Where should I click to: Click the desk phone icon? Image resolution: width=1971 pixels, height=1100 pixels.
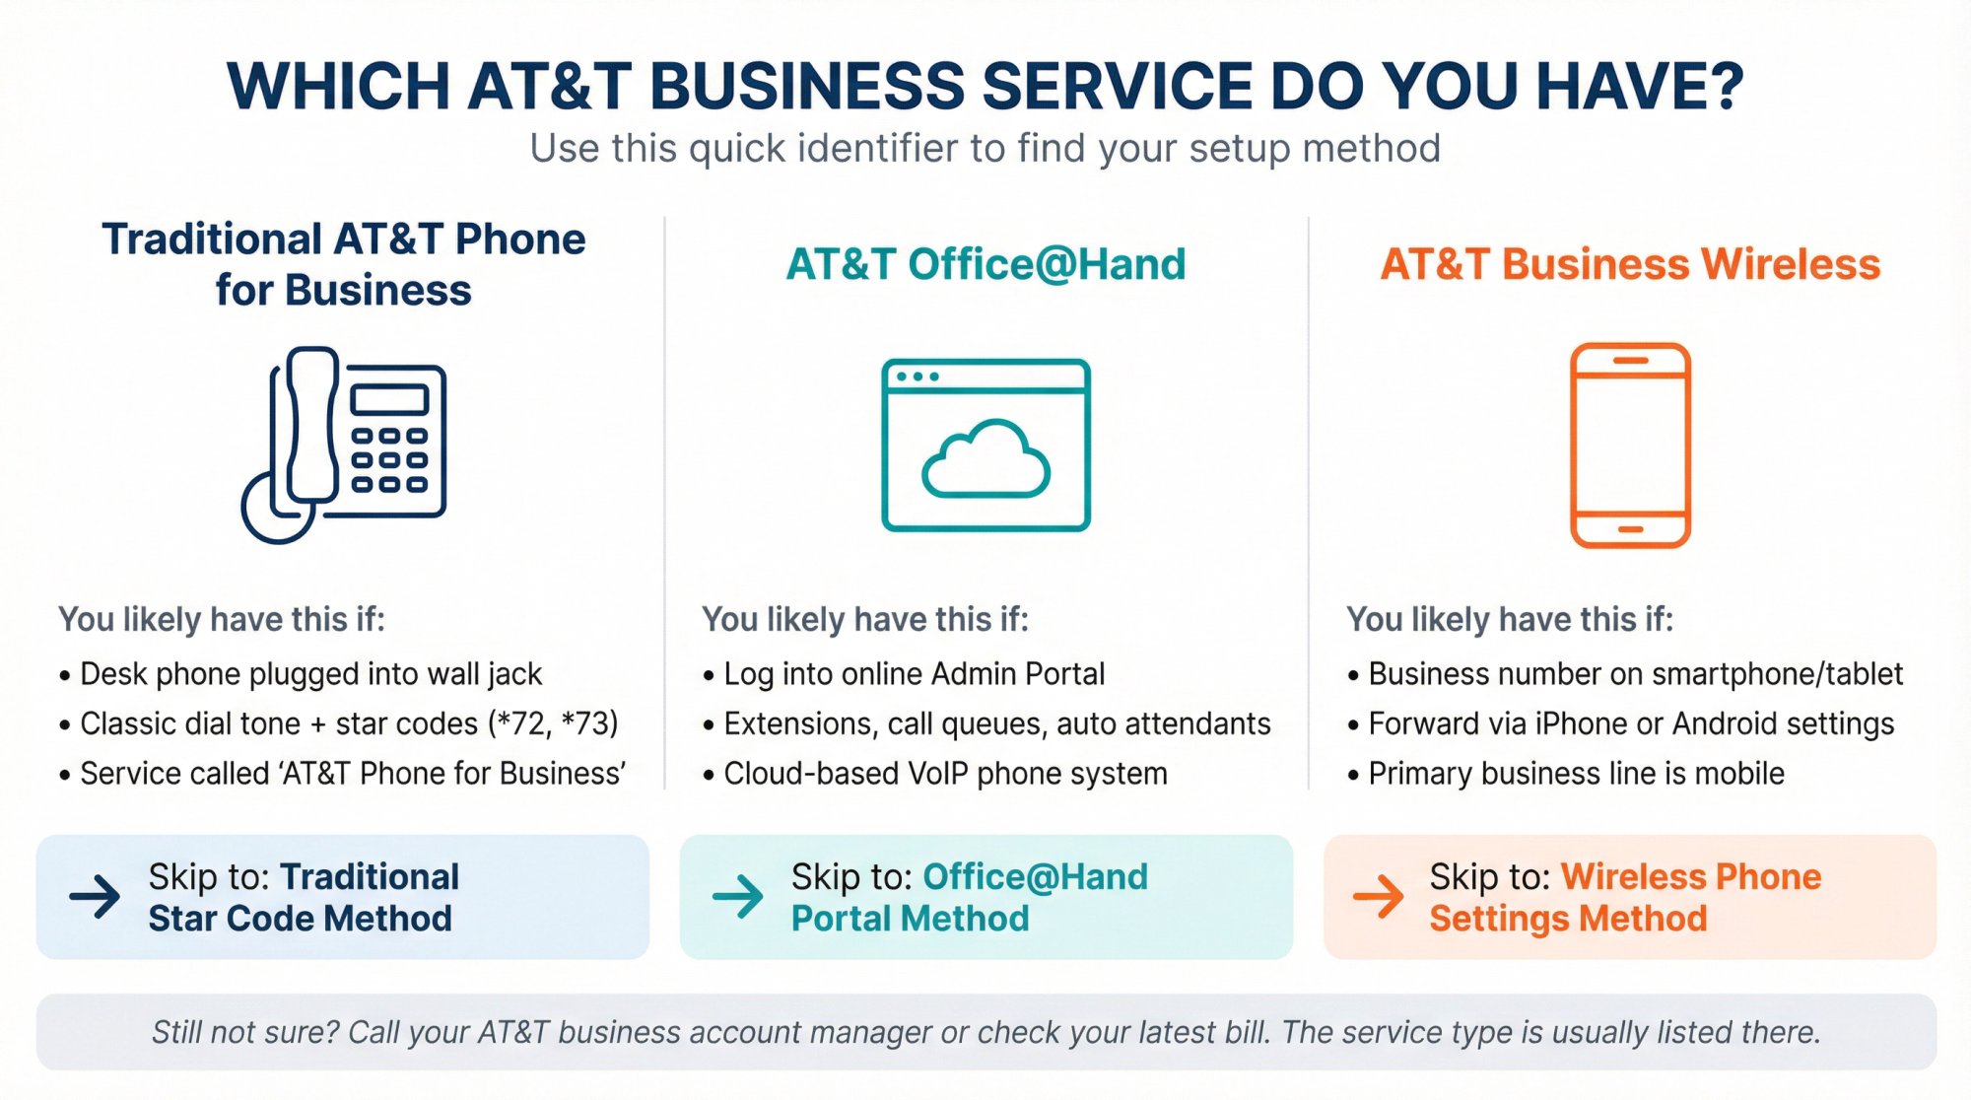[x=344, y=444]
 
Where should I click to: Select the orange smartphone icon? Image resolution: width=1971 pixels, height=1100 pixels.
[x=1630, y=445]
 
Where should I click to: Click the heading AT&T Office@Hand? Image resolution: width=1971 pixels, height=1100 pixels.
[x=985, y=264]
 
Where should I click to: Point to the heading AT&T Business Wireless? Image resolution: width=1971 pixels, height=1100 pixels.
[x=1630, y=264]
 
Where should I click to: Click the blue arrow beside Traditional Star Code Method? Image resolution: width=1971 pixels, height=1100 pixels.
[x=95, y=896]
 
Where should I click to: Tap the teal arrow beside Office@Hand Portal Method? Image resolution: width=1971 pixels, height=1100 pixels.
[x=737, y=896]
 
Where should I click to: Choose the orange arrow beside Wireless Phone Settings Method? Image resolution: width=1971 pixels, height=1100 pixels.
[x=1378, y=896]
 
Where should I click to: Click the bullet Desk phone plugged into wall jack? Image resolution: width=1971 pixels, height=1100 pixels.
[x=310, y=674]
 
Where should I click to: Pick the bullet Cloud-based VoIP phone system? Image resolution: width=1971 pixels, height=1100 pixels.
[x=945, y=774]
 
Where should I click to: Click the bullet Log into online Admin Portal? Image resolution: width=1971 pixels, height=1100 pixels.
[x=914, y=674]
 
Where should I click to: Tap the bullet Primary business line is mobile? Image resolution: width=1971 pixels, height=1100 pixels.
[x=1576, y=774]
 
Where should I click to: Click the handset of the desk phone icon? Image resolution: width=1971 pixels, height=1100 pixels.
[x=311, y=424]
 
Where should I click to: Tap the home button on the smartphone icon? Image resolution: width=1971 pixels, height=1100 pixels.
[x=1630, y=530]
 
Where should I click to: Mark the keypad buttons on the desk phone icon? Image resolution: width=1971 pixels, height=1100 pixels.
[x=389, y=459]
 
